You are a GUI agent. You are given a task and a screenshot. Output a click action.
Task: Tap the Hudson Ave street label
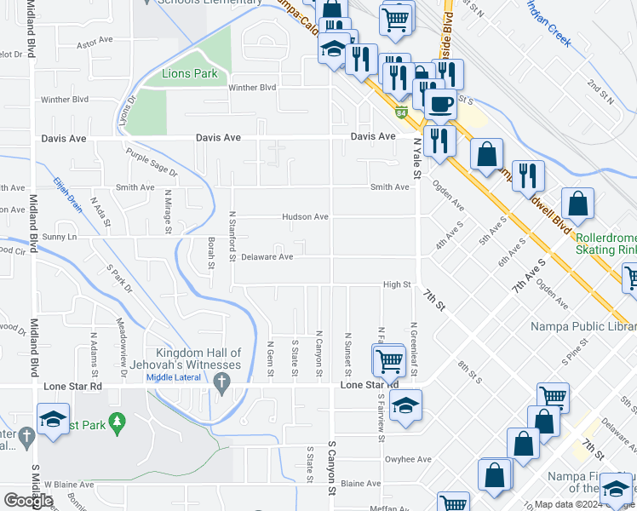coord(306,217)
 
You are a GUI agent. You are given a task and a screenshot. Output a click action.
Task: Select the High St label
coord(397,285)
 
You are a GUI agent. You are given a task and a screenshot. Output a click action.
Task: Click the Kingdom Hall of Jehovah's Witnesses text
coord(198,359)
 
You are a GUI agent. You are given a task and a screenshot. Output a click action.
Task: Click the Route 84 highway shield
coord(400,112)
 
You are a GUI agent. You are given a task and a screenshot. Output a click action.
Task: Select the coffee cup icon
coord(440,104)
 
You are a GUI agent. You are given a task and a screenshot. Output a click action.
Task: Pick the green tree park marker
coord(118,421)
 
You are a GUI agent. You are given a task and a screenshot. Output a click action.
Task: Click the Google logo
coord(27,501)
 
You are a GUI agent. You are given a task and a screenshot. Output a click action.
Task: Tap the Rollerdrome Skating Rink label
coord(605,244)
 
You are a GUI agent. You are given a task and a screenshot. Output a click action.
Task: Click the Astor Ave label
coord(95,41)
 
